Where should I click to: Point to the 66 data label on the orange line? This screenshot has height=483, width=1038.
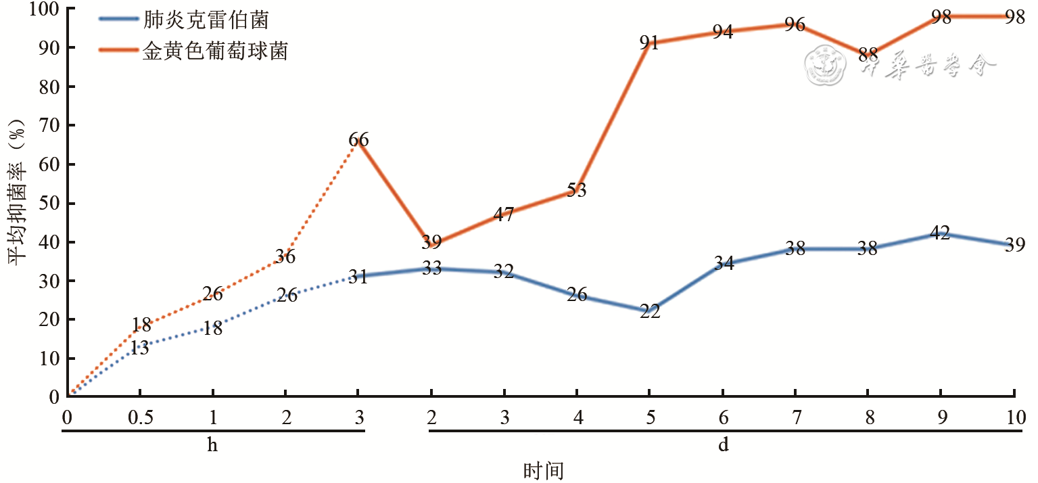[358, 141]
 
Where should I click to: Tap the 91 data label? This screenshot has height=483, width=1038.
[649, 43]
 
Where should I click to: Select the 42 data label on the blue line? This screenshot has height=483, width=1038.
[940, 234]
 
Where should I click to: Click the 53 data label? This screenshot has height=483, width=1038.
[576, 191]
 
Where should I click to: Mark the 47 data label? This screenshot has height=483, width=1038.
[504, 215]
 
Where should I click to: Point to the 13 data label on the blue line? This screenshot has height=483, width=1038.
[140, 349]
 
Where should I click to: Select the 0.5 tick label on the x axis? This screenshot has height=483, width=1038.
[140, 417]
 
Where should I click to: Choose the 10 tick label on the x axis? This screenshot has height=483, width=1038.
[1014, 417]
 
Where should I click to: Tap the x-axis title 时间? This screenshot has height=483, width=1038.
[543, 470]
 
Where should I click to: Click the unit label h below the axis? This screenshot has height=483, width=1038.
[213, 446]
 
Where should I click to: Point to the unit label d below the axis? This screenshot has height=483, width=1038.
[723, 446]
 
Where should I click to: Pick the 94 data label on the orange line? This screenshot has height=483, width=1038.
[722, 32]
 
